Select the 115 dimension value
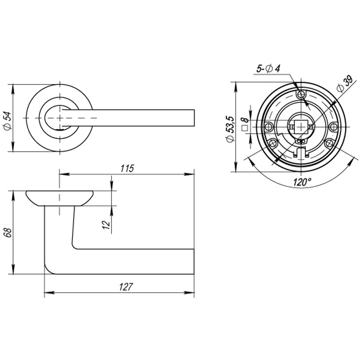(x=127, y=168)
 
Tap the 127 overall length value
(x=126, y=287)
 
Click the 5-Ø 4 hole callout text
(x=268, y=68)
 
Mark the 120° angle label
(x=302, y=182)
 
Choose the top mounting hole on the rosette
(x=301, y=95)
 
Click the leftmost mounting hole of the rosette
(x=269, y=127)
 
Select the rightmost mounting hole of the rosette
(x=333, y=127)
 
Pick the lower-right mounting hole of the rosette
(x=328, y=143)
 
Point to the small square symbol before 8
(x=245, y=128)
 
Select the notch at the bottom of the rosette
(x=301, y=153)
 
